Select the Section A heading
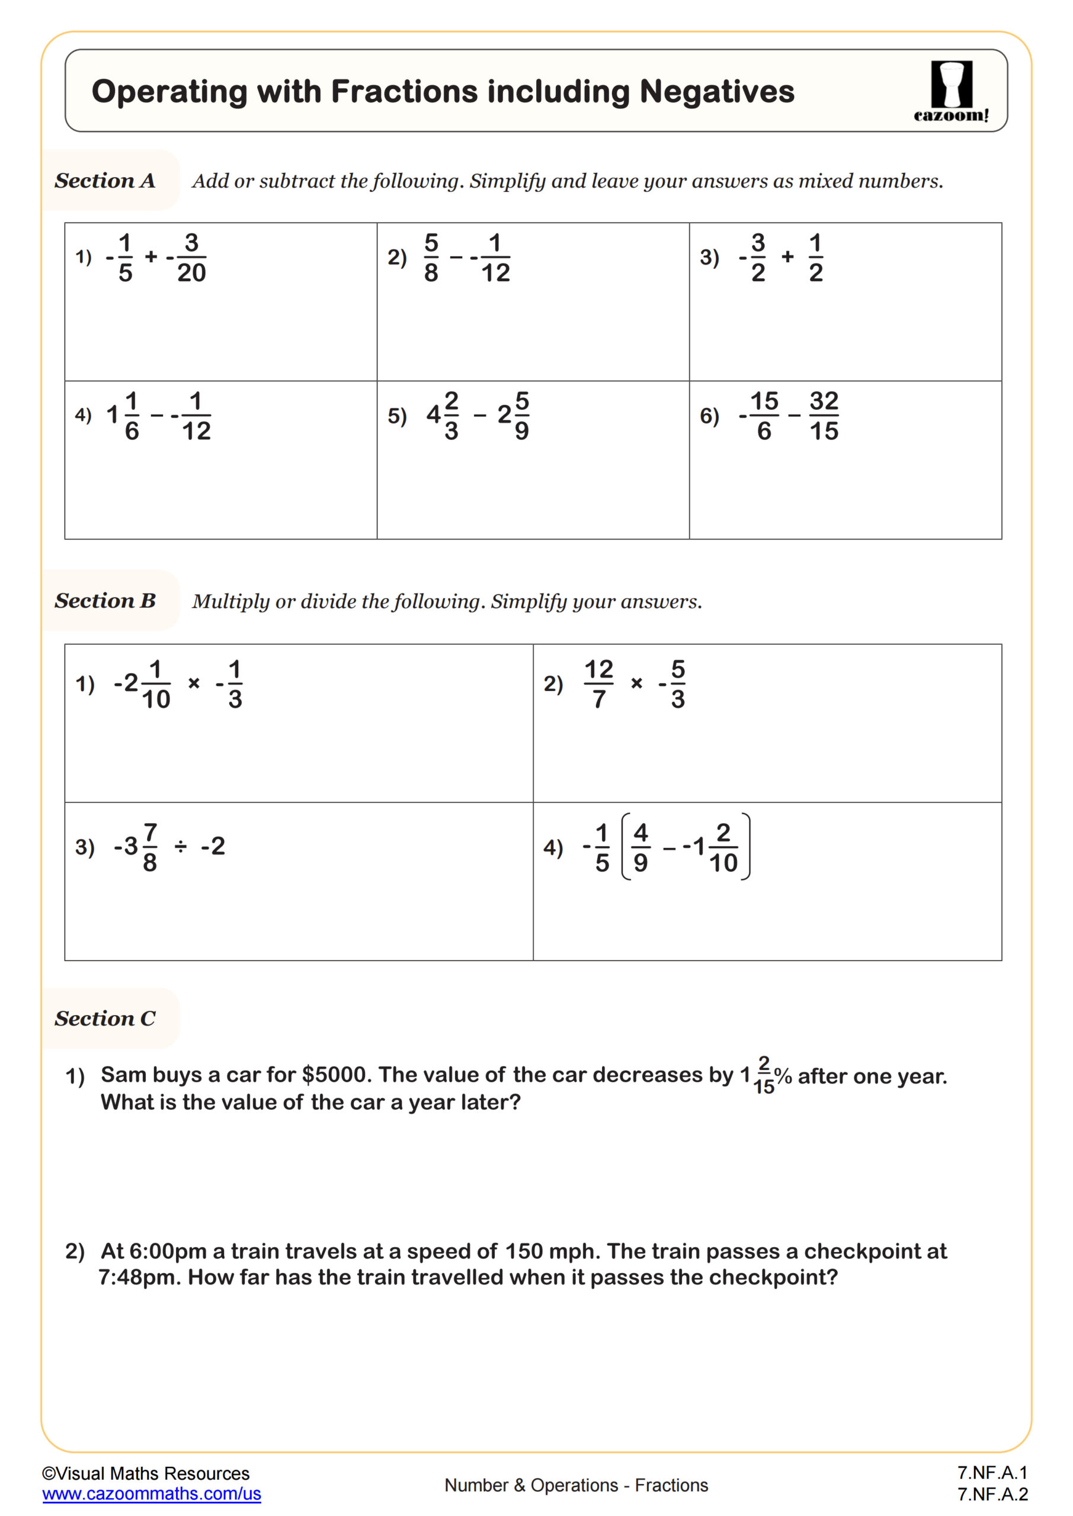[105, 180]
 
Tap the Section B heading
[105, 600]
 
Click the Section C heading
[105, 1018]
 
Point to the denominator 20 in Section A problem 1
[191, 272]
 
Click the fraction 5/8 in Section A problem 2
[431, 258]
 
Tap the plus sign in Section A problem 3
[787, 257]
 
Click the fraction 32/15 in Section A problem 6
[823, 416]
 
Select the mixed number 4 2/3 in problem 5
[443, 415]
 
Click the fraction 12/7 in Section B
[598, 684]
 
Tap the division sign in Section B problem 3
[180, 846]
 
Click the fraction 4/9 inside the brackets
[640, 847]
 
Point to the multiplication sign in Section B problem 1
[194, 683]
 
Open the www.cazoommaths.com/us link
[151, 1493]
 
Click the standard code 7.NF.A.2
[992, 1493]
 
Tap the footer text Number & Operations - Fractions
[575, 1485]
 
